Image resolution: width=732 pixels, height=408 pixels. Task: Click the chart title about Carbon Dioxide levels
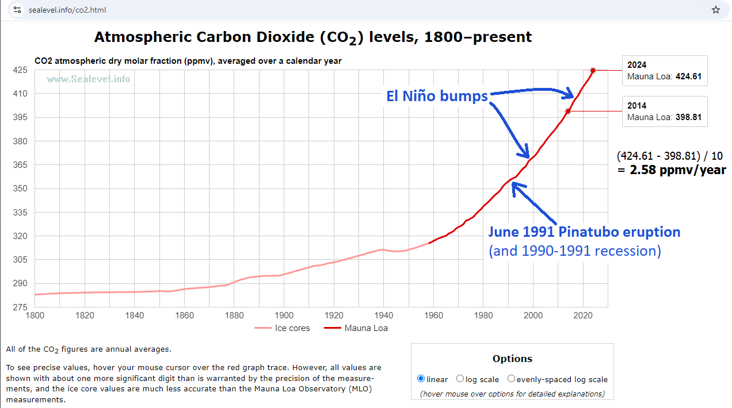pos(312,37)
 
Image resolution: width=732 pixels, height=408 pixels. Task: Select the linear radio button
pos(421,379)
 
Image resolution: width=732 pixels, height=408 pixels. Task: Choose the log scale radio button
pos(460,379)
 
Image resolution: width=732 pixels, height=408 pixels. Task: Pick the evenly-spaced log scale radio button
pos(511,379)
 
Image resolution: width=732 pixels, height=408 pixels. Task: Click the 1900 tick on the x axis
pos(284,315)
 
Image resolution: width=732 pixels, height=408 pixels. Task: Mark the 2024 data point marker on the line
pos(593,70)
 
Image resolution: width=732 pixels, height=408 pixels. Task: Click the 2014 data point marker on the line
pos(568,111)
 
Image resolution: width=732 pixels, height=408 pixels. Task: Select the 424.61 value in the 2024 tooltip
pos(688,76)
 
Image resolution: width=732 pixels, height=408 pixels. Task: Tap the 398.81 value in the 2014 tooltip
pos(688,117)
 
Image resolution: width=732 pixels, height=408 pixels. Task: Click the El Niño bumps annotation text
pos(437,97)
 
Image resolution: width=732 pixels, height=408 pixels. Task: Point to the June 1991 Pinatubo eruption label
pos(584,232)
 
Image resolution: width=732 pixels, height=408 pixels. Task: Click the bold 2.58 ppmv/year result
pos(677,170)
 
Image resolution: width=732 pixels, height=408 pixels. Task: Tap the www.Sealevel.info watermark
pos(88,79)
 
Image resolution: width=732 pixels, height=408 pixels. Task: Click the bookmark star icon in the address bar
pos(716,10)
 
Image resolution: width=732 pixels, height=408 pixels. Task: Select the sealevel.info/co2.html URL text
pos(67,10)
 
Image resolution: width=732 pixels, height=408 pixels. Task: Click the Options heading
pos(512,359)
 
